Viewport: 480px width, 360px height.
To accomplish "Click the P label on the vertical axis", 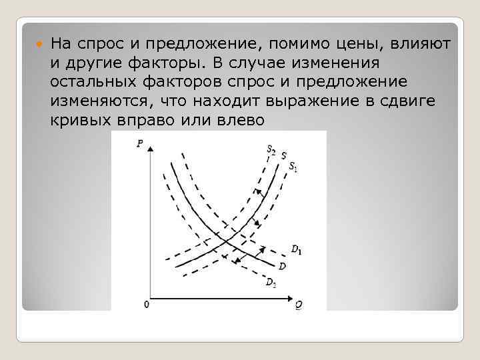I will [x=139, y=142].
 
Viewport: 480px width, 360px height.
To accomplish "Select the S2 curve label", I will [x=271, y=150].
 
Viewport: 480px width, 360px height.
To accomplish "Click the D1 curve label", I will [x=296, y=249].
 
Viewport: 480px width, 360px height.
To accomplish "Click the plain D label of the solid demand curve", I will [x=283, y=267].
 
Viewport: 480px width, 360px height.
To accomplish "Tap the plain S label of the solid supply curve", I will [x=283, y=156].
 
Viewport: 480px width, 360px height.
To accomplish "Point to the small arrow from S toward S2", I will [x=256, y=193].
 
